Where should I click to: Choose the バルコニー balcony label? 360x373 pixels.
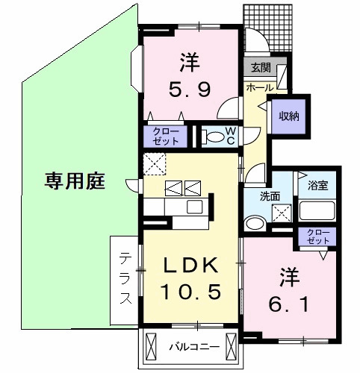tap(193, 346)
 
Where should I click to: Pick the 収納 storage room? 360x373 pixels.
tap(289, 116)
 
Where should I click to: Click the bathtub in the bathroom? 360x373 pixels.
tap(317, 210)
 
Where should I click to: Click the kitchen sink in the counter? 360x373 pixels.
tap(194, 206)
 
